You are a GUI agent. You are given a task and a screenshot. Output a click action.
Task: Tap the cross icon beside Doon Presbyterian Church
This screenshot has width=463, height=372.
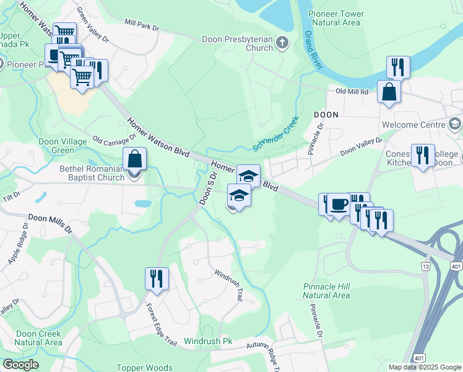pos(282,43)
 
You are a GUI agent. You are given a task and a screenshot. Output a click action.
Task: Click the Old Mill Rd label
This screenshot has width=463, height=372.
pos(352,91)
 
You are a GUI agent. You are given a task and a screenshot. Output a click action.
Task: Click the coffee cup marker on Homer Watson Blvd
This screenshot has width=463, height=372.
pos(338,205)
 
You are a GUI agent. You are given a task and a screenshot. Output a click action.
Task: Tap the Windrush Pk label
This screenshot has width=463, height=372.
pos(207,341)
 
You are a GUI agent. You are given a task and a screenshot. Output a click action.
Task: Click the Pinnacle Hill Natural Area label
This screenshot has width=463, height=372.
pos(326,291)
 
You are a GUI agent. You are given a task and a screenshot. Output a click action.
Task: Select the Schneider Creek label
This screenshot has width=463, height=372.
pos(275,133)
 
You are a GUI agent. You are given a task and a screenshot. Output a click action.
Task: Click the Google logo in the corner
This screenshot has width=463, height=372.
pos(20,364)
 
